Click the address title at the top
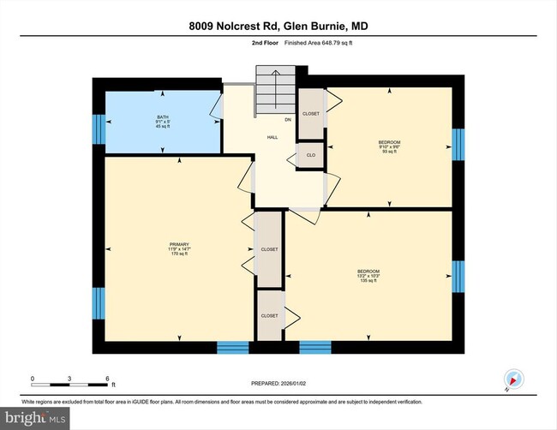[278, 26]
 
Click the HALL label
[273, 137]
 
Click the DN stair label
[288, 120]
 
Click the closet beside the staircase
[310, 114]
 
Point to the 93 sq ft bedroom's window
[458, 144]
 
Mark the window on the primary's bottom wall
[231, 347]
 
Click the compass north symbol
[514, 378]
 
